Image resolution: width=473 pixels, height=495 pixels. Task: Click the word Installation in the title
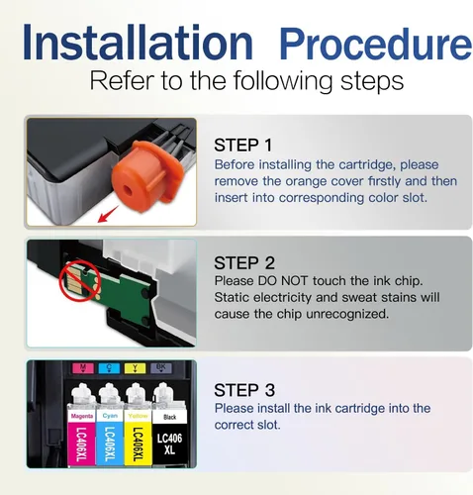(138, 42)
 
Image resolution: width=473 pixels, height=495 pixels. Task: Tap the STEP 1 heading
(243, 146)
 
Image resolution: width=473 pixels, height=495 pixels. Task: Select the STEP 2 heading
(244, 263)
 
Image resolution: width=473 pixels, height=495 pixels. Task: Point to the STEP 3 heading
(244, 390)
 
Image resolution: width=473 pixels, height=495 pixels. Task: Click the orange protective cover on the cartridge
(143, 177)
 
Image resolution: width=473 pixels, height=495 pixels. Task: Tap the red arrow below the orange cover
(108, 215)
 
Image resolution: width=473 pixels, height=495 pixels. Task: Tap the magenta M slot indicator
(83, 368)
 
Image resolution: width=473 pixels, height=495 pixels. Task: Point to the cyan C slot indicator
(109, 368)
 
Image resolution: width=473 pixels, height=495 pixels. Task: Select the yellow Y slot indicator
(136, 368)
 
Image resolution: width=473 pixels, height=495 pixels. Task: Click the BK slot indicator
(161, 368)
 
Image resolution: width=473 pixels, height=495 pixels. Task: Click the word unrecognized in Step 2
(347, 314)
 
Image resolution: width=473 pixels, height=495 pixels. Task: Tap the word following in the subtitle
(283, 81)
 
